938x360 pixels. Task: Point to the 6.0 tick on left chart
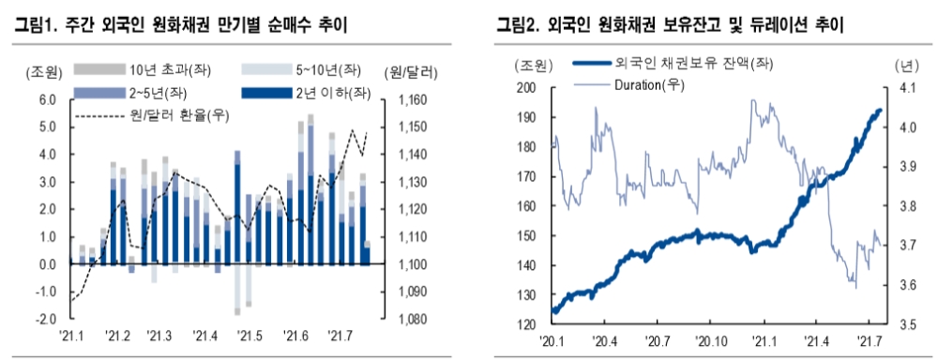pyautogui.click(x=47, y=99)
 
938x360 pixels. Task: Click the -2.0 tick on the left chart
pyautogui.click(x=45, y=319)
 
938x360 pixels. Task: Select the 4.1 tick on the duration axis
pyautogui.click(x=906, y=87)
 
